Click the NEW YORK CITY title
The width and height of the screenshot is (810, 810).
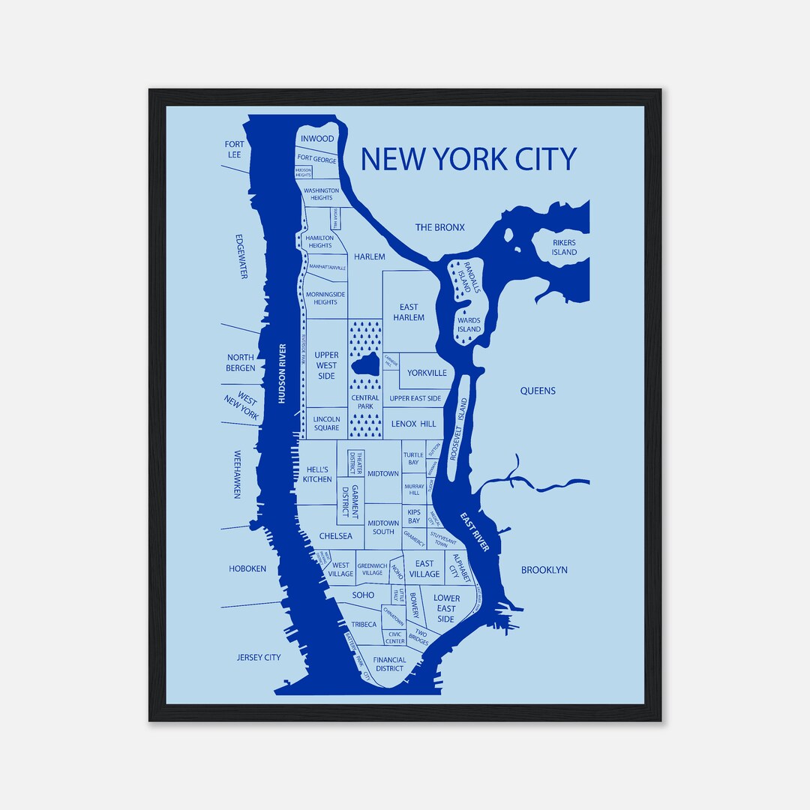[x=468, y=159]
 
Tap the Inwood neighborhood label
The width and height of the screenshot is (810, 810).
[x=317, y=139]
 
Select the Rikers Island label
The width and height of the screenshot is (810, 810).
[x=565, y=247]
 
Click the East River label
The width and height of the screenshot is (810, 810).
[x=474, y=532]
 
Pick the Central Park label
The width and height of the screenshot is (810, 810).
[x=365, y=403]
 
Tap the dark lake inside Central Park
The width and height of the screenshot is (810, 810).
[x=366, y=367]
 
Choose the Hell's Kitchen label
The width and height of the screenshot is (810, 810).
[x=317, y=474]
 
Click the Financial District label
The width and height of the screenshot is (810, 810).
[x=389, y=664]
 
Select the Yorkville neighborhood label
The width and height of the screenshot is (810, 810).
[x=427, y=373]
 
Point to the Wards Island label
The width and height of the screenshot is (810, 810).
[x=469, y=325]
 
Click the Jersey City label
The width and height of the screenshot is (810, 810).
[x=259, y=658]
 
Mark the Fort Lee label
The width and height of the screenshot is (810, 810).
[x=234, y=149]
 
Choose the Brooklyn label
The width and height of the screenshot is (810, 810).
[x=544, y=570]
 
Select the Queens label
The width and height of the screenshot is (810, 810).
[x=538, y=391]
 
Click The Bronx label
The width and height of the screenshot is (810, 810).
[x=440, y=227]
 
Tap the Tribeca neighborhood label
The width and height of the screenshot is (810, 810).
[x=363, y=624]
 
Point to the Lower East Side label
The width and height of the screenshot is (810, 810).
[x=446, y=609]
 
